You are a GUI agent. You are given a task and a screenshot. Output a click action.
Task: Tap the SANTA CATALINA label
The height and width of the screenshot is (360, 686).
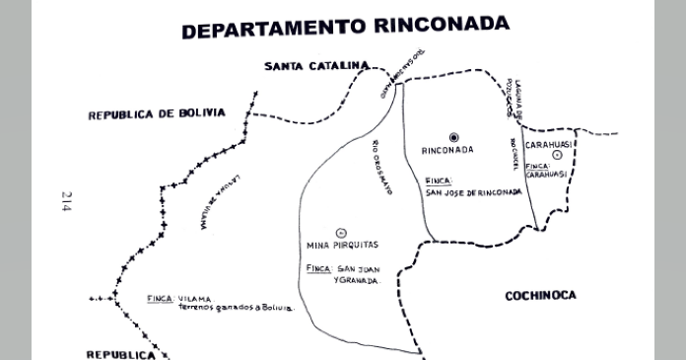coord(315,66)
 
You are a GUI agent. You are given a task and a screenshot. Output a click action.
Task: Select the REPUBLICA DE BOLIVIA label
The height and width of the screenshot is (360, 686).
coord(157,114)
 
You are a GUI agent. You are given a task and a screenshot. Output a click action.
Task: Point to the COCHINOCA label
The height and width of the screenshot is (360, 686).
coord(540,295)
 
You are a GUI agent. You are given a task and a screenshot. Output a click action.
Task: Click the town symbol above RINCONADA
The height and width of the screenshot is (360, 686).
coord(453,136)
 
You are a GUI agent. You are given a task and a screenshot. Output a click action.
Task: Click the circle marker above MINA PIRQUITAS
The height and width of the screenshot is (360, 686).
coord(341,232)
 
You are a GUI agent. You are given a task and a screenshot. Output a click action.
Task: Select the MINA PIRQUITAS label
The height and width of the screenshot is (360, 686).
coord(343,245)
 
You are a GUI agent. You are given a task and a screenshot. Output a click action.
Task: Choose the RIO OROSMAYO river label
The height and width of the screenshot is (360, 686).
coord(381,169)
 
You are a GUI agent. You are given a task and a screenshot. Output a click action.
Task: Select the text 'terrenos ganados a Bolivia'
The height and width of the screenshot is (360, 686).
coord(237,308)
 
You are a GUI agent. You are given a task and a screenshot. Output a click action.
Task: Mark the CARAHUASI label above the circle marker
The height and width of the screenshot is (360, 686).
coord(550,144)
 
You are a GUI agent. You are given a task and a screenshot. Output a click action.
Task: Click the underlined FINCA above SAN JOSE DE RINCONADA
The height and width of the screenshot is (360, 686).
coord(439,181)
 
